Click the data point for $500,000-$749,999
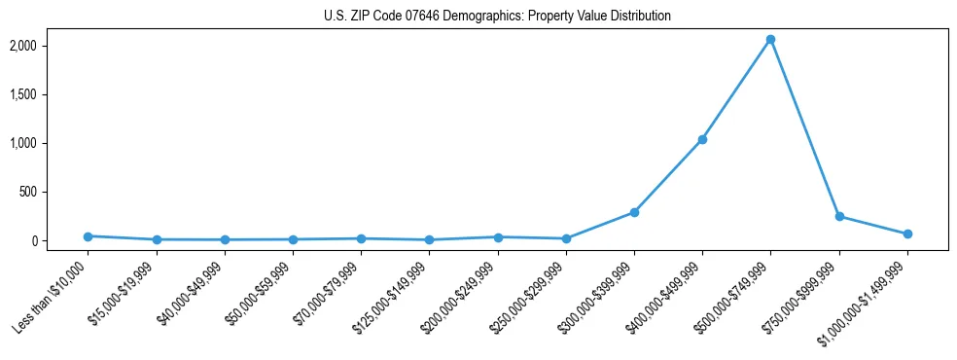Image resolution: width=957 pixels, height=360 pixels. tap(770, 40)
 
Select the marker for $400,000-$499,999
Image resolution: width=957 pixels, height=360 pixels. tap(702, 139)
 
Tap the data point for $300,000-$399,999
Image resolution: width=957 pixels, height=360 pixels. tap(634, 212)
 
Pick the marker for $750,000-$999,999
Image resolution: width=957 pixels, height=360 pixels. tap(839, 216)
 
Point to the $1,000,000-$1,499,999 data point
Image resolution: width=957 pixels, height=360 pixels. tap(907, 234)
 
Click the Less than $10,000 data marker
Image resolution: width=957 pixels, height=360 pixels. tap(88, 236)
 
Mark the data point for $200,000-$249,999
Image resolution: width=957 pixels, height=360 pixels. tap(498, 237)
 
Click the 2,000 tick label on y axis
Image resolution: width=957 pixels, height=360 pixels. tap(50, 46)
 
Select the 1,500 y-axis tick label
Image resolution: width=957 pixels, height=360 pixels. tap(50, 94)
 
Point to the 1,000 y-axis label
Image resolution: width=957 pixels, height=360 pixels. tap(50, 143)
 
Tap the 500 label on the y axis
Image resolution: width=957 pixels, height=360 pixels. tap(54, 192)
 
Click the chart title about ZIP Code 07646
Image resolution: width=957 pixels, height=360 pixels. tap(497, 17)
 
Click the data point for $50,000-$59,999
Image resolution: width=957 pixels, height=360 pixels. tap(293, 239)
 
